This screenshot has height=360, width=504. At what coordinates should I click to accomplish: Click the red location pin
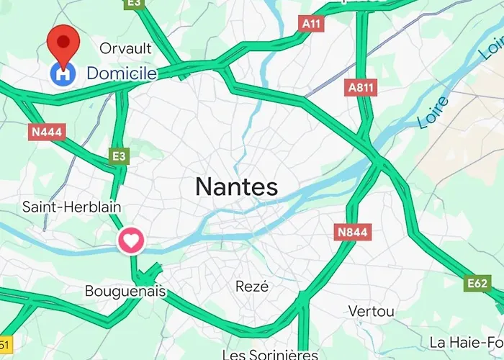63,41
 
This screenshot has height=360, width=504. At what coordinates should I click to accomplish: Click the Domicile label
122,73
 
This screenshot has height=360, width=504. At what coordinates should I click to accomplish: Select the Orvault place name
126,48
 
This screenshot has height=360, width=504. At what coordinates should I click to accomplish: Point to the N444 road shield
46,132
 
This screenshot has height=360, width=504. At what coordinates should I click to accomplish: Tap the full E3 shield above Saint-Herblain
120,155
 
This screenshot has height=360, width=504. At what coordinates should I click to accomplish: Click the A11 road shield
311,24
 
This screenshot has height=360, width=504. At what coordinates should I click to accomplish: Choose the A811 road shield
361,88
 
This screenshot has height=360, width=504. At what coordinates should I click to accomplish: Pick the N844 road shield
352,232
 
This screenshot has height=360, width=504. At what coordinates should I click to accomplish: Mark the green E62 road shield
477,284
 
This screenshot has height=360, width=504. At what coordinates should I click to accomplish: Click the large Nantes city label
236,187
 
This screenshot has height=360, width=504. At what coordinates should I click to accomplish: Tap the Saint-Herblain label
71,207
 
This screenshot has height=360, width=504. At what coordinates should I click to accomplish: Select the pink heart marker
131,240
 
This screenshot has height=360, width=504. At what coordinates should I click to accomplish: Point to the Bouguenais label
125,292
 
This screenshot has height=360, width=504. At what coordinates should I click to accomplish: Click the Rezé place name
252,286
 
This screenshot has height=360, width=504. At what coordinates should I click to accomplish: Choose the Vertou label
371,311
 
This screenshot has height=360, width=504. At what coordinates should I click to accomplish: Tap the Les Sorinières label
270,354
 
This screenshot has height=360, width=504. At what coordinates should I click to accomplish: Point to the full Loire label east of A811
433,109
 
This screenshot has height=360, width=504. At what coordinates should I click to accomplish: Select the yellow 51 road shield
4,344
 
